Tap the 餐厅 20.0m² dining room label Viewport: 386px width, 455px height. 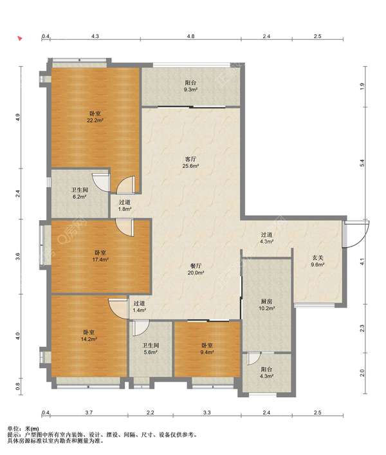click(196, 269)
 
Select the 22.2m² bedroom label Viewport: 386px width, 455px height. click(95, 116)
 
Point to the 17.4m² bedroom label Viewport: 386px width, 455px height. click(100, 256)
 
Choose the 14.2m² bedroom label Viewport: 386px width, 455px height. click(89, 335)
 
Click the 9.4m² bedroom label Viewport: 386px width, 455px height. click(207, 349)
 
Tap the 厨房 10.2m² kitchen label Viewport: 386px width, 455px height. click(267, 304)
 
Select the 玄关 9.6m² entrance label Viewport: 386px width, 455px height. click(317, 261)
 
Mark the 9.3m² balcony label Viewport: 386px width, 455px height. click(190, 86)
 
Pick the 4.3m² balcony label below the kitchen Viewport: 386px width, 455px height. click(267, 373)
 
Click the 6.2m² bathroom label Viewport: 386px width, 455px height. click(80, 193)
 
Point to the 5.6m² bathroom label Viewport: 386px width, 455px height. click(151, 349)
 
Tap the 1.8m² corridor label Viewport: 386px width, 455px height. click(125, 205)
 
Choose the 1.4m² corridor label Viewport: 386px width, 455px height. click(139, 306)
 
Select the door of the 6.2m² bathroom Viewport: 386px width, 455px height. click(100, 183)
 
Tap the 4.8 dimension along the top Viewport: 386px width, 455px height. click(190, 36)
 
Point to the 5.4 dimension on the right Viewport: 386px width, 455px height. click(362, 163)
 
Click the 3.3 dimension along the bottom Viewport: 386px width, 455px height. click(207, 413)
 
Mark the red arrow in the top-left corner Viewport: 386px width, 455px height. click(20, 39)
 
